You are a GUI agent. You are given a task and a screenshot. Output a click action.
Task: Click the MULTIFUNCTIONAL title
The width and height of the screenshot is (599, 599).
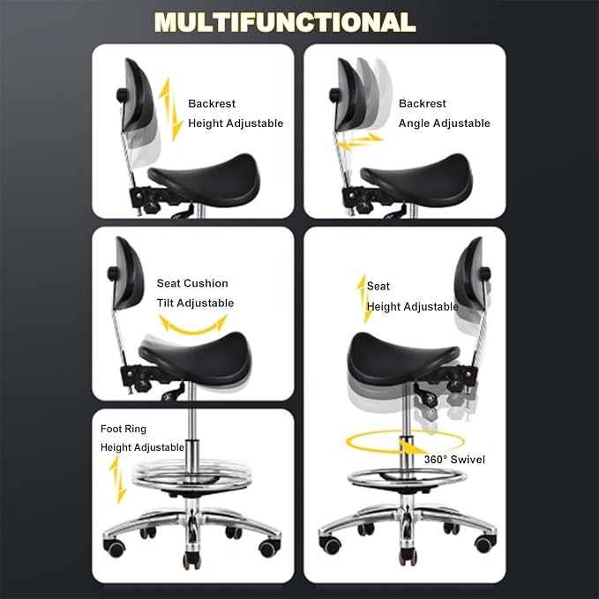pyautogui.click(x=285, y=22)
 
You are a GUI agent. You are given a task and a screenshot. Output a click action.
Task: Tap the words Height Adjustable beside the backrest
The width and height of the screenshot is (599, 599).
pyautogui.click(x=236, y=124)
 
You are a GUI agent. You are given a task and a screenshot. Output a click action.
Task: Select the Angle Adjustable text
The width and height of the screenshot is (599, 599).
pyautogui.click(x=445, y=124)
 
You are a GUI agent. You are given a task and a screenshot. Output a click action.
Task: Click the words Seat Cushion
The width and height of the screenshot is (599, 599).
pyautogui.click(x=192, y=283)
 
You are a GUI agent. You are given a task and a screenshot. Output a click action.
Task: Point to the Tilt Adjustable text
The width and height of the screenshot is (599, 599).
pyautogui.click(x=195, y=303)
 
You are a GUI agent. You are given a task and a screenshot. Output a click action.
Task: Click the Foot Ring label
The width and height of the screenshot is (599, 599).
pyautogui.click(x=124, y=429)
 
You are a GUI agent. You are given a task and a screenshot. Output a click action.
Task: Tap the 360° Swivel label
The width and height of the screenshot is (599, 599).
pyautogui.click(x=454, y=460)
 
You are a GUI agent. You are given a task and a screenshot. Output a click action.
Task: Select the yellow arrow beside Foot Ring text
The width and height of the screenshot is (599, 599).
pyautogui.click(x=117, y=480)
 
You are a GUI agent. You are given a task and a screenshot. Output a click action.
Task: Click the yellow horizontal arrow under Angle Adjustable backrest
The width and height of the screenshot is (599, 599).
pyautogui.click(x=358, y=142)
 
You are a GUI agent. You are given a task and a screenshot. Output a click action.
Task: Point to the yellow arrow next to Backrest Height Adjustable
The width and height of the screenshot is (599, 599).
pyautogui.click(x=170, y=109)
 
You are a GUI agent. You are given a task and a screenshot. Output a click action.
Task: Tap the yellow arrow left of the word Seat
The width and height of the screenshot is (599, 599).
pyautogui.click(x=364, y=299)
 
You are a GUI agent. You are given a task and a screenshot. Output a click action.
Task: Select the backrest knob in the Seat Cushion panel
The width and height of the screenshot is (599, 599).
pyautogui.click(x=113, y=273)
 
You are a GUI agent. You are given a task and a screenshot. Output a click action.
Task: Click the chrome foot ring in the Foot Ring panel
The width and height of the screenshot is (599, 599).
pyautogui.click(x=191, y=482)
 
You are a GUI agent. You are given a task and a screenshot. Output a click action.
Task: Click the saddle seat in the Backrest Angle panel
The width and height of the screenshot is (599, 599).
pyautogui.click(x=416, y=180)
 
